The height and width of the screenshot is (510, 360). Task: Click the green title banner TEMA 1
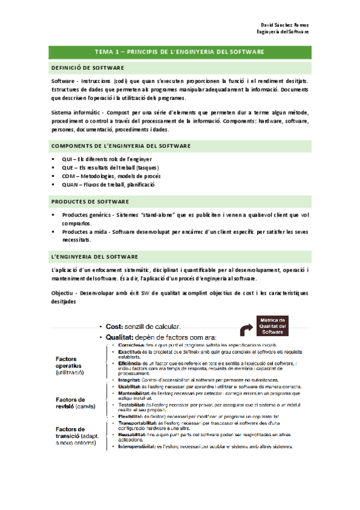[180, 52]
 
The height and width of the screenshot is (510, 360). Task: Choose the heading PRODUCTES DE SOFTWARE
[90, 201]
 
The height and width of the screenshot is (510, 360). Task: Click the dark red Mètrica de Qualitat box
[273, 325]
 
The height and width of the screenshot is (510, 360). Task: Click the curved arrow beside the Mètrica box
[246, 329]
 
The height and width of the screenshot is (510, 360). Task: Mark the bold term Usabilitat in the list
[128, 387]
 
